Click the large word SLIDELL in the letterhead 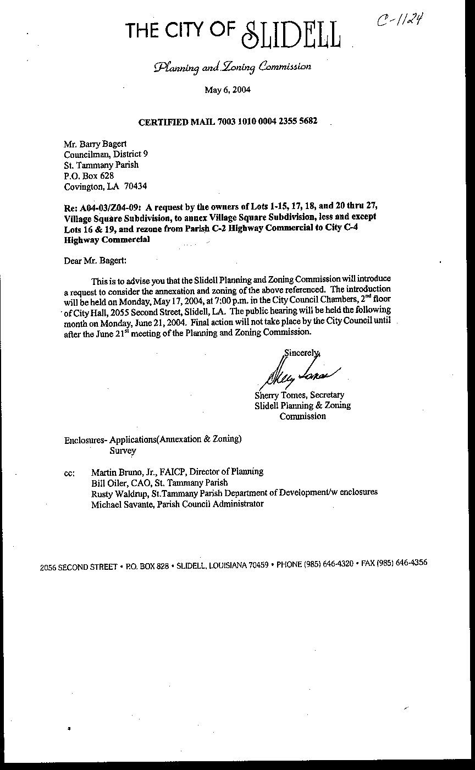(291, 35)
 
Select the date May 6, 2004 (228, 90)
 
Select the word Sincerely (301, 353)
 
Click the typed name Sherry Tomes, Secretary (299, 395)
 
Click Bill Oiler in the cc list (107, 482)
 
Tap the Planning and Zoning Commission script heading (233, 67)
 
